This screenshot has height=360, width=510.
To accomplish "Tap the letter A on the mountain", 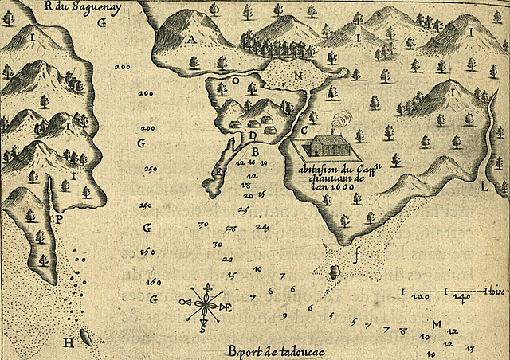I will pos(191,38).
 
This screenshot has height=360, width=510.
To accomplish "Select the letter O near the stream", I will pos(236,80).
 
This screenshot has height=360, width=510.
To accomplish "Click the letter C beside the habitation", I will pos(304,130).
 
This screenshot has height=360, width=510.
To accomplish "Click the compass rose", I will pos(207,304).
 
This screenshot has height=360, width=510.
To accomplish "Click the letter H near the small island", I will pos(69,342).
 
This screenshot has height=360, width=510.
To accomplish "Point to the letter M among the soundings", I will pos(437,326).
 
